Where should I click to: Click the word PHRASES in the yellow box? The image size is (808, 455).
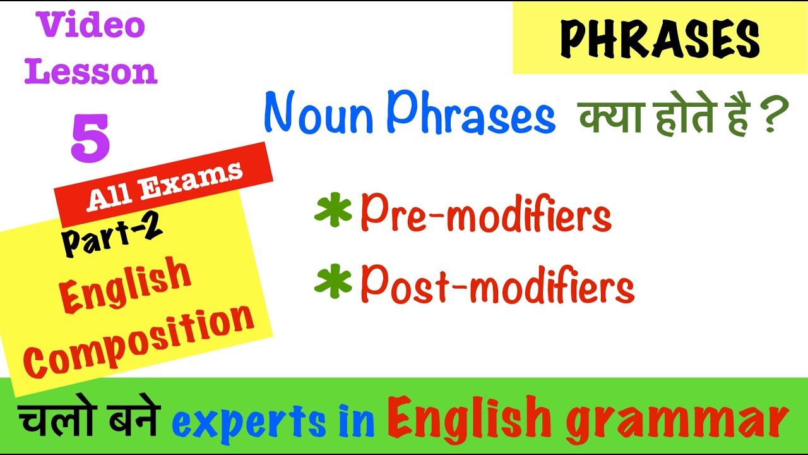pyautogui.click(x=660, y=39)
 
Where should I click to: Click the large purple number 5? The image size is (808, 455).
pyautogui.click(x=90, y=138)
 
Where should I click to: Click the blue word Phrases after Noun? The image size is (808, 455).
pyautogui.click(x=472, y=115)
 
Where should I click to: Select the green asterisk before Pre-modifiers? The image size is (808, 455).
pyautogui.click(x=332, y=212)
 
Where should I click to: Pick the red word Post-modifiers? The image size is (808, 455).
pyautogui.click(x=497, y=286)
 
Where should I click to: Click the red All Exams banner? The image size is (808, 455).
pyautogui.click(x=164, y=185)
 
